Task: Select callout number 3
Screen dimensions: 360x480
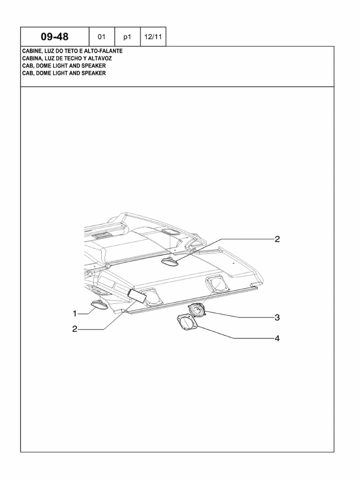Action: tap(277, 318)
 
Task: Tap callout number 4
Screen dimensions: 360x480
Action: tap(277, 338)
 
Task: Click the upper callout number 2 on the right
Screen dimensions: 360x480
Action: tap(277, 239)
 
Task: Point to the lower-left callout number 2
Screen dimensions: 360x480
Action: tap(75, 329)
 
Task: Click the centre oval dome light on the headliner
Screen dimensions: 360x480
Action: tap(170, 262)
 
